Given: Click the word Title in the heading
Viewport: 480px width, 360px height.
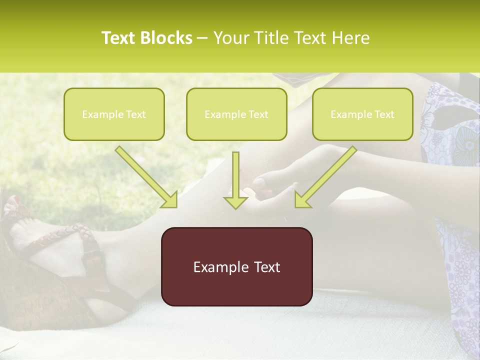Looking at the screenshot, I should pyautogui.click(x=274, y=38).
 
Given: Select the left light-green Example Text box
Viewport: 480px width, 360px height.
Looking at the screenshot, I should pyautogui.click(x=114, y=114).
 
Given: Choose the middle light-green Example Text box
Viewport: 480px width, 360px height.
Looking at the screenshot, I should pyautogui.click(x=236, y=114).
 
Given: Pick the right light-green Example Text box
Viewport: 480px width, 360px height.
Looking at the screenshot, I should pyautogui.click(x=362, y=114).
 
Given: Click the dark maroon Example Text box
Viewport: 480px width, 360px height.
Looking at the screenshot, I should pyautogui.click(x=236, y=266).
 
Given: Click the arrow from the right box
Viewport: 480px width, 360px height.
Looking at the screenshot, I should pyautogui.click(x=325, y=177).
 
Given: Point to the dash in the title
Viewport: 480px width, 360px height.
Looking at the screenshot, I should pyautogui.click(x=202, y=38).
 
